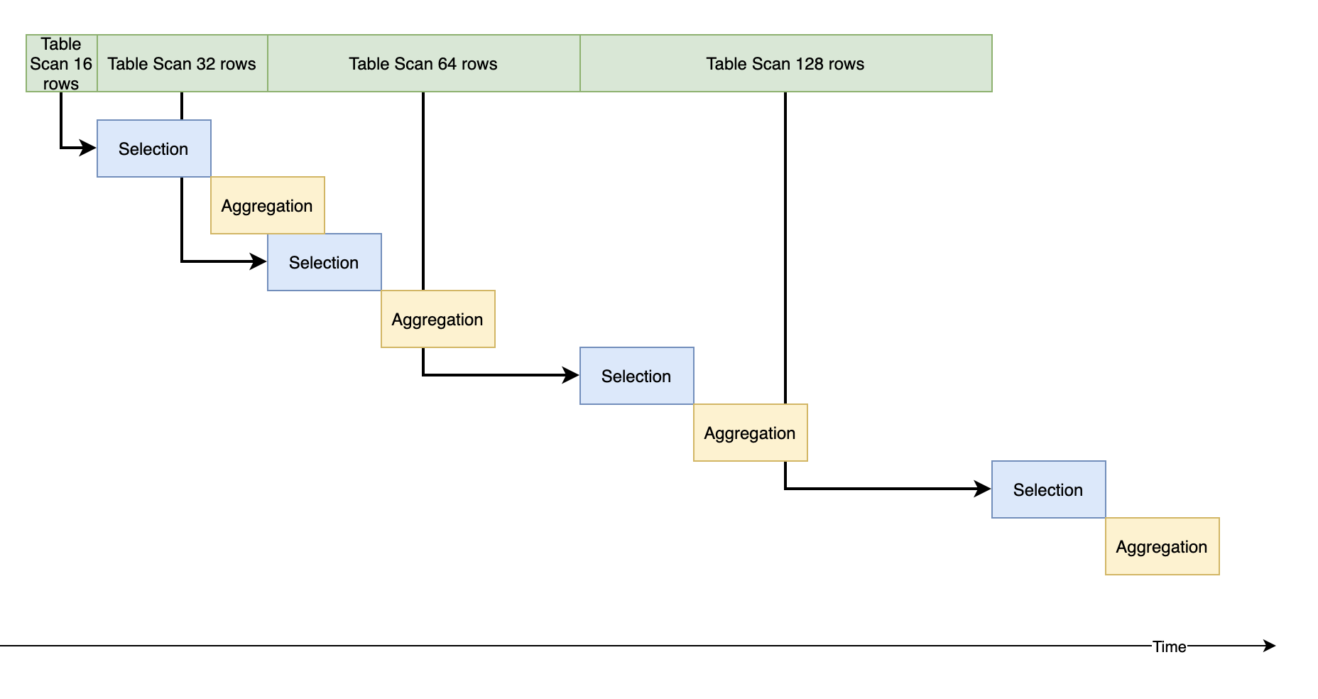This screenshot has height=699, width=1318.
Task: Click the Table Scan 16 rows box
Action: coord(61,63)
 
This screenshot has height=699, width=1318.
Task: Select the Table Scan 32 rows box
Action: coord(182,63)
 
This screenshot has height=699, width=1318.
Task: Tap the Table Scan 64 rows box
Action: coord(423,63)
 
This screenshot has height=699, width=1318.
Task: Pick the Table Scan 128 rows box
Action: coord(785,63)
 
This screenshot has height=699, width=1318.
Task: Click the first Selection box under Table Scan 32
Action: coord(153,148)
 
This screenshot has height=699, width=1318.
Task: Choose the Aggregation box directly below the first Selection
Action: coord(267,205)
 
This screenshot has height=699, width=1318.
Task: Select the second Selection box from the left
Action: coord(324,262)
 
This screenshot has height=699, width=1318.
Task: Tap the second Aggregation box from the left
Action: coord(437,319)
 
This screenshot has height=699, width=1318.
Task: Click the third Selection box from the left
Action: coord(636,376)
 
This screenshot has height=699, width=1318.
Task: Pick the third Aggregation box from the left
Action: coord(750,433)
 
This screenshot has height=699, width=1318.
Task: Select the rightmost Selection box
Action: coord(1048,489)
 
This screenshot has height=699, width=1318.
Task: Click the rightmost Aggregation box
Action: coord(1162,546)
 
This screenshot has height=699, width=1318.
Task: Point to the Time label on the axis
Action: coord(1169,646)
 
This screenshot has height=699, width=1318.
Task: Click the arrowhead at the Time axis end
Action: coord(1270,646)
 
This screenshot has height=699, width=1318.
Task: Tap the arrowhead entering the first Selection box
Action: coord(89,148)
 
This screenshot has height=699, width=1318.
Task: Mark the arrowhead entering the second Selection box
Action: coord(259,261)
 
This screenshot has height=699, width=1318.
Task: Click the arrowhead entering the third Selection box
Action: coord(572,375)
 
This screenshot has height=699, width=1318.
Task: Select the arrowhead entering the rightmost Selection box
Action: coord(984,489)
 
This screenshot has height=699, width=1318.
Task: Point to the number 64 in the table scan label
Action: coord(447,64)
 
